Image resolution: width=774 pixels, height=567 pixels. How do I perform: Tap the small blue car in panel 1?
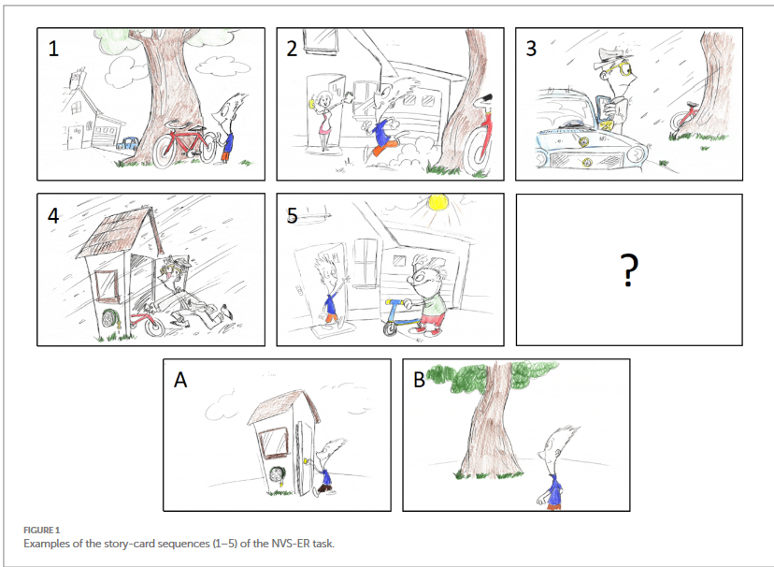click(127, 143)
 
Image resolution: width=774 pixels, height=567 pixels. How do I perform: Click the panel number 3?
click(531, 49)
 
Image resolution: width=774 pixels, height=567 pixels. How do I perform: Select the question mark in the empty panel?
click(629, 269)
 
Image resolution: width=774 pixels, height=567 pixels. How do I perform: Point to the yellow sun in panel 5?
click(437, 202)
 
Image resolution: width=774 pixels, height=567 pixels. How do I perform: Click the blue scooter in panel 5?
click(400, 316)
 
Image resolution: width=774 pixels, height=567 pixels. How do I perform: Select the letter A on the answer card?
click(180, 380)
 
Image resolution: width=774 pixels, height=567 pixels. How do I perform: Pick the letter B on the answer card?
click(419, 380)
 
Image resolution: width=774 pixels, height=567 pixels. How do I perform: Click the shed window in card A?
click(273, 443)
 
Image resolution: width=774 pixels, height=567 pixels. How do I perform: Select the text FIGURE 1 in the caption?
click(41, 530)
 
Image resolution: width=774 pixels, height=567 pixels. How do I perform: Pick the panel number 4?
click(53, 216)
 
